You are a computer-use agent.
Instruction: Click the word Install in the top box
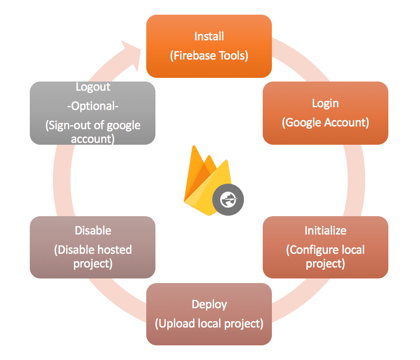(209, 36)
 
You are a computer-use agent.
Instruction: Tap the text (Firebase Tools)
(209, 56)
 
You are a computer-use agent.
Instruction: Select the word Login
(325, 103)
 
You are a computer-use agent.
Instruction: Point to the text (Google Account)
(325, 123)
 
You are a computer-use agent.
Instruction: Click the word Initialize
(325, 230)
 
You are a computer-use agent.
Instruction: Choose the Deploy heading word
(209, 304)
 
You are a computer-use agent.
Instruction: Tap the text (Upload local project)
(209, 324)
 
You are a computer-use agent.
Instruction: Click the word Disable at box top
(93, 230)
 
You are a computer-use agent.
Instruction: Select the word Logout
(93, 87)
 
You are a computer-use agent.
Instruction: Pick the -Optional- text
(93, 106)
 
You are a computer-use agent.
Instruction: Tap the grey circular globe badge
(228, 200)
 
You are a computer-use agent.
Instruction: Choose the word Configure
(314, 250)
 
